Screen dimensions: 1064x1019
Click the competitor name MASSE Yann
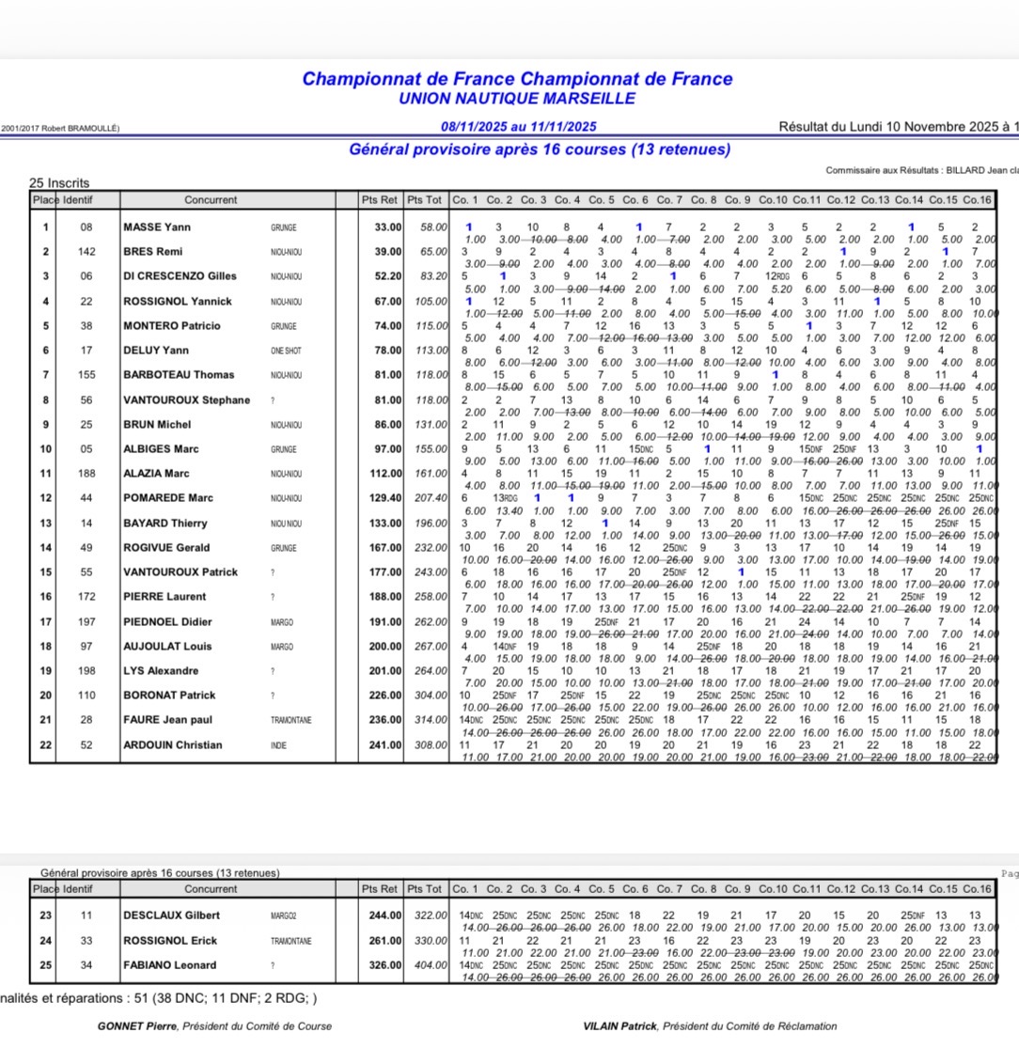pyautogui.click(x=157, y=227)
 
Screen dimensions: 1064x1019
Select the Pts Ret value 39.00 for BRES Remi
pyautogui.click(x=386, y=252)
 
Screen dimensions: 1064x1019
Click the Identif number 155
pyautogui.click(x=86, y=375)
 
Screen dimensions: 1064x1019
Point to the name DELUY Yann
pyautogui.click(x=156, y=351)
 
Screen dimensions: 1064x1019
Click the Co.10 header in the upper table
pyautogui.click(x=773, y=199)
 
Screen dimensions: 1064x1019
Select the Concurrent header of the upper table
pyautogui.click(x=211, y=199)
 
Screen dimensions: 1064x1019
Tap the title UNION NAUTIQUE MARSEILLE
pyautogui.click(x=517, y=99)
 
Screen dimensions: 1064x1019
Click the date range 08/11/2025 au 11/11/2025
pyautogui.click(x=518, y=127)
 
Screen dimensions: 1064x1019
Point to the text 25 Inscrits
pyautogui.click(x=59, y=183)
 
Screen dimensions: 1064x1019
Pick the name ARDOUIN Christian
pyautogui.click(x=173, y=745)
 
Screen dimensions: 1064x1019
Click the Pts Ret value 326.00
pyautogui.click(x=384, y=965)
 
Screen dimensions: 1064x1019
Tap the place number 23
pyautogui.click(x=44, y=915)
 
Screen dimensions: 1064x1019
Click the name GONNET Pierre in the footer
pyautogui.click(x=137, y=1026)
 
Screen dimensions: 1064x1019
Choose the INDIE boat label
pyautogui.click(x=279, y=745)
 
